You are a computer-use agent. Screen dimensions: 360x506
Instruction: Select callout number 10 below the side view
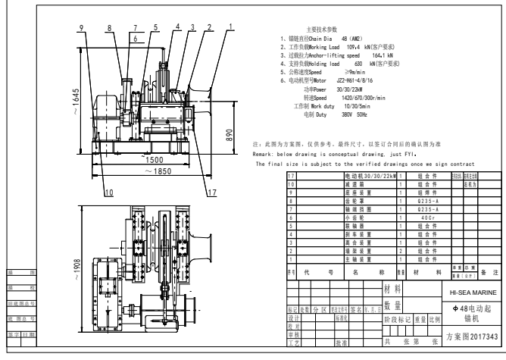click(x=109, y=193)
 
